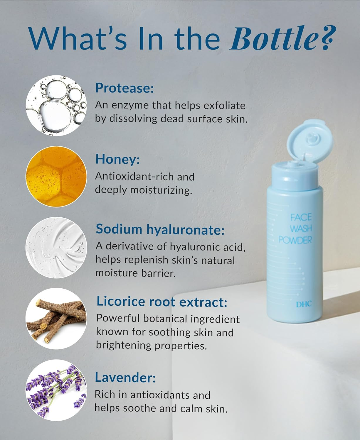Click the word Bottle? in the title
[281, 38]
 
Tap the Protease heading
[125, 88]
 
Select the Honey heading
[117, 159]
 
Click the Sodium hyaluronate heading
[160, 229]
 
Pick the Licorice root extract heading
[162, 302]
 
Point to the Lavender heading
[125, 378]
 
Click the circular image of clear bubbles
[56, 106]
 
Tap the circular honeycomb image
[56, 177]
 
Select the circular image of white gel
[56, 248]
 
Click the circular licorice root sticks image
[56, 319]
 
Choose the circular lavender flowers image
[56, 390]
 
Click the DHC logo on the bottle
[304, 304]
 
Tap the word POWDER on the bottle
[295, 240]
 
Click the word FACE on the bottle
[301, 218]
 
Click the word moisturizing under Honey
[161, 190]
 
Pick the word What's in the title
[78, 38]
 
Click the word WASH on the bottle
[301, 229]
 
